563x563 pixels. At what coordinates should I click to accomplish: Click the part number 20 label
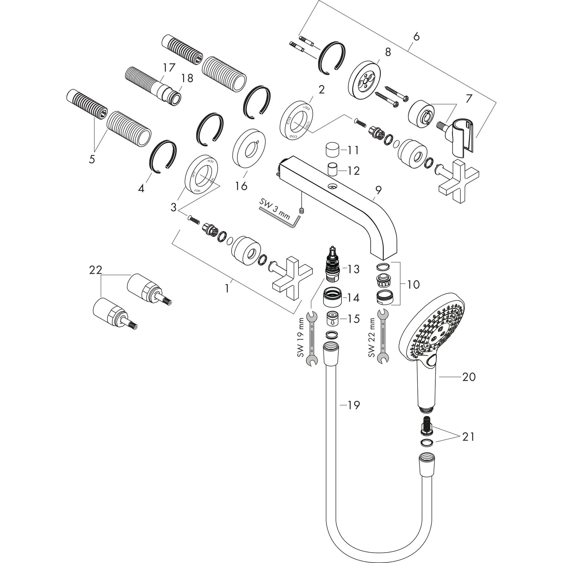469,377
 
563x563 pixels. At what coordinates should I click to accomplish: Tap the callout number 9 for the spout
378,190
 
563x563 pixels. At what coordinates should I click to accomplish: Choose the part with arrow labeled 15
332,319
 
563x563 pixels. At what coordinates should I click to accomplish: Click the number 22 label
96,270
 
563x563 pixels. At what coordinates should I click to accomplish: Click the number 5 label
92,159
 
